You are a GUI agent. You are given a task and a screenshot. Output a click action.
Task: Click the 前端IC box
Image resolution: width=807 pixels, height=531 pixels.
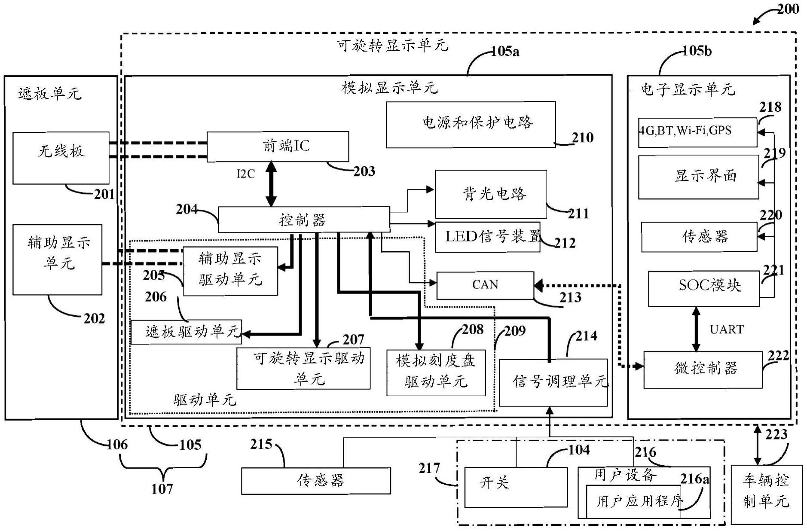pyautogui.click(x=278, y=146)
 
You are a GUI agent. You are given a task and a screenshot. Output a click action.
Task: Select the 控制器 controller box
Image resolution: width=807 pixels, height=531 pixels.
pyautogui.click(x=303, y=220)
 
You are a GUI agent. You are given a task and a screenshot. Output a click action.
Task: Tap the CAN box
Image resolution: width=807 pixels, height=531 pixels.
pyautogui.click(x=485, y=285)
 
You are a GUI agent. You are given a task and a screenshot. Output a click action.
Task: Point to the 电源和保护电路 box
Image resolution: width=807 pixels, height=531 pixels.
pyautogui.click(x=471, y=125)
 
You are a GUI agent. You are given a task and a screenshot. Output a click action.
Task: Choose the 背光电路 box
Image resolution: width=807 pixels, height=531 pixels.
pyautogui.click(x=491, y=194)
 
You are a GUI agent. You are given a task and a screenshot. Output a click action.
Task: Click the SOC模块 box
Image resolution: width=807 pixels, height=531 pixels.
pyautogui.click(x=703, y=288)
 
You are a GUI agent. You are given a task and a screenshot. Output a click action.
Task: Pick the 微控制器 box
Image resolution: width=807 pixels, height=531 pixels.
pyautogui.click(x=703, y=369)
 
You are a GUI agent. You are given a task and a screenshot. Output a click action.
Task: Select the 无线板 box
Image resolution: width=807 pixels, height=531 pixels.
pyautogui.click(x=61, y=158)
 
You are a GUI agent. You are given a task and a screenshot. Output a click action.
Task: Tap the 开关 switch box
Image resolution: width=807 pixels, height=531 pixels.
pyautogui.click(x=516, y=487)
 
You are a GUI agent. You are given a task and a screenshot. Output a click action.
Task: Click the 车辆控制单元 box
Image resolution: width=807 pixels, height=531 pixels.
pyautogui.click(x=766, y=494)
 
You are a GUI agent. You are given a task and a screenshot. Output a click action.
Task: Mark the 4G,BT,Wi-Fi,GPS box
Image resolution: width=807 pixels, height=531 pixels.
pyautogui.click(x=697, y=132)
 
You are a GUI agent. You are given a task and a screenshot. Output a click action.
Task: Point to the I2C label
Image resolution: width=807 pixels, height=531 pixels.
pyautogui.click(x=246, y=174)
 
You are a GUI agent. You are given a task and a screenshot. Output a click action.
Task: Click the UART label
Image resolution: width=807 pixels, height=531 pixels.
pyautogui.click(x=727, y=330)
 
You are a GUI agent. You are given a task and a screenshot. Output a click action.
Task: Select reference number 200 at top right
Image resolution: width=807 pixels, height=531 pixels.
pyautogui.click(x=788, y=9)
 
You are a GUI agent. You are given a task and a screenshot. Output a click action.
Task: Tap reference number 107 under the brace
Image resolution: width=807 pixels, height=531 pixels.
pyautogui.click(x=162, y=489)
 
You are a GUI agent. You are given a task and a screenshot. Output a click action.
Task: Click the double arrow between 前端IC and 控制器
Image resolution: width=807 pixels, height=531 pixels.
pyautogui.click(x=271, y=184)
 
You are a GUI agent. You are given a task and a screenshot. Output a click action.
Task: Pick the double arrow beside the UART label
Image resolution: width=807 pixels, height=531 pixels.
pyautogui.click(x=696, y=329)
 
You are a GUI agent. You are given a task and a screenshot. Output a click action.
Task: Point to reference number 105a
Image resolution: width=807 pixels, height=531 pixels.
pyautogui.click(x=505, y=52)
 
